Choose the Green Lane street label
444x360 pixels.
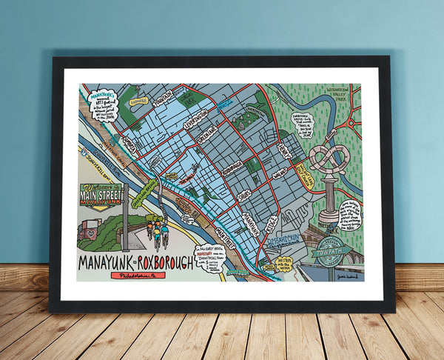tap(202, 138)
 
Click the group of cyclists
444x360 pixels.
tap(158, 230)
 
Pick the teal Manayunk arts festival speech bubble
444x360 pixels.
tap(103, 104)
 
